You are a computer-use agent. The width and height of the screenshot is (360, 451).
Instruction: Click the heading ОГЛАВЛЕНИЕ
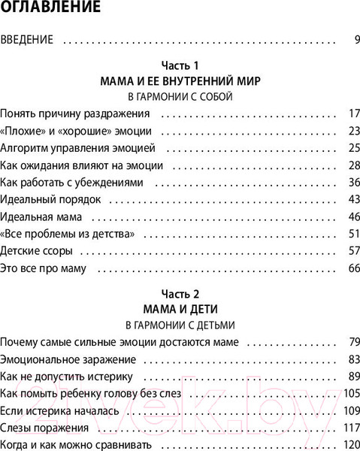51,10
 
